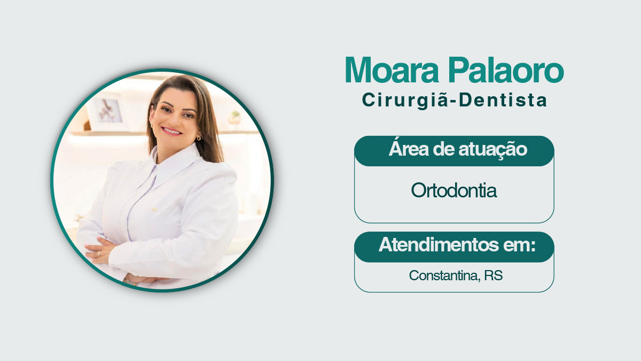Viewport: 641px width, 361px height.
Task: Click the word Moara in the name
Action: click(392, 70)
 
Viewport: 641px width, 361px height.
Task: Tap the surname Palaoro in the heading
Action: click(506, 70)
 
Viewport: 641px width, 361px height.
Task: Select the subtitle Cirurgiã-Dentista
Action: click(455, 101)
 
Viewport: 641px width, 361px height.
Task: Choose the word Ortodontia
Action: click(454, 190)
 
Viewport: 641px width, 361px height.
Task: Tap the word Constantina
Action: click(444, 275)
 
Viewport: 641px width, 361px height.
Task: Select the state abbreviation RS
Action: click(494, 275)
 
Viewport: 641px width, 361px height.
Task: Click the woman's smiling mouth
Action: click(171, 131)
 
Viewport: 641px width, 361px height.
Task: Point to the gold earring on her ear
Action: click(199, 138)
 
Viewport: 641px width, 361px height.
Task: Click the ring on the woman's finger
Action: click(99, 254)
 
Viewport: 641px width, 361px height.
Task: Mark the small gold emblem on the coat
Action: click(154, 210)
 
